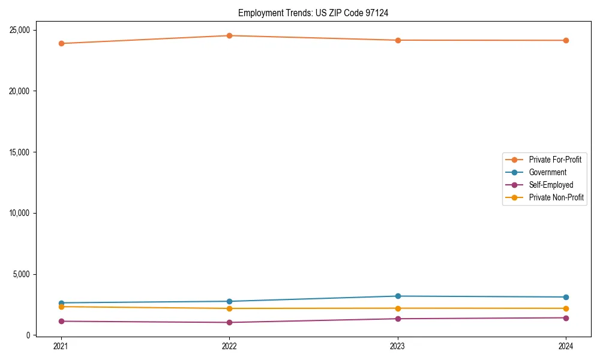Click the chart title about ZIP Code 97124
(313, 13)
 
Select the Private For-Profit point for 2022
(229, 35)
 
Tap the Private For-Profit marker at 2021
(61, 43)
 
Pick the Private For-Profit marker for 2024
(566, 40)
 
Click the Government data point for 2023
(398, 296)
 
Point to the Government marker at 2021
(61, 303)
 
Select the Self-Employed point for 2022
(229, 322)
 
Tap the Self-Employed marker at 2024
(566, 318)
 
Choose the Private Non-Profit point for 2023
(398, 308)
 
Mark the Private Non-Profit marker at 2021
(61, 307)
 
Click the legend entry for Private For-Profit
(554, 160)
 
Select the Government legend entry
(547, 172)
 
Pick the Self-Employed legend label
(551, 185)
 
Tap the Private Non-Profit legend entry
(556, 197)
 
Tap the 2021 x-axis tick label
(61, 346)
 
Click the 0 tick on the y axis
(28, 335)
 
